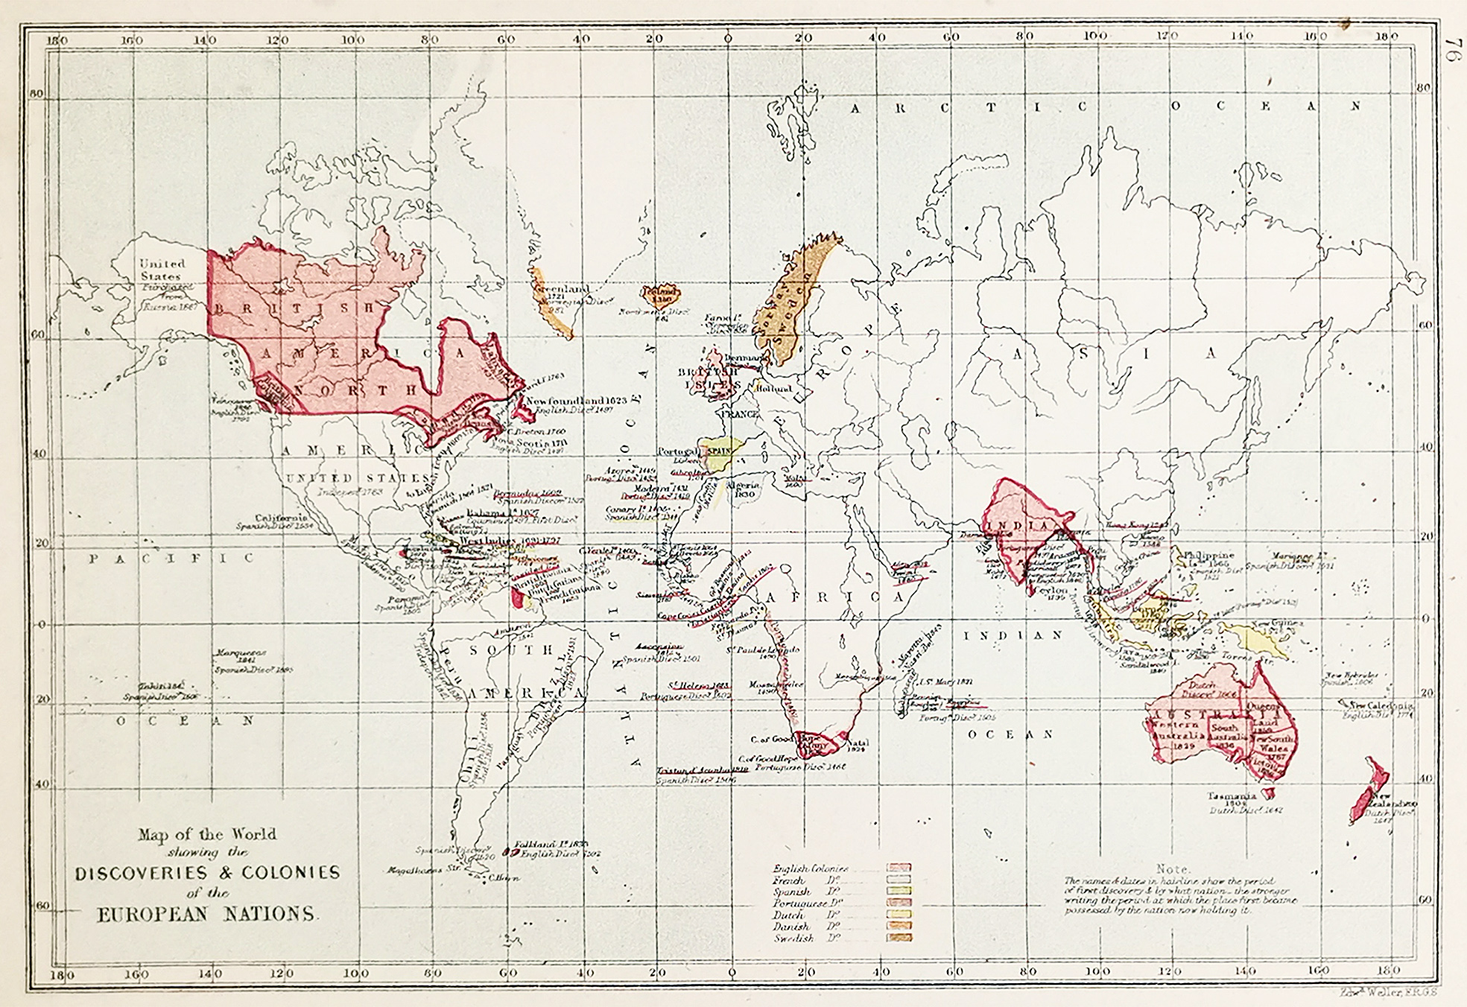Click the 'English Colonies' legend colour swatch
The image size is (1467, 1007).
899,868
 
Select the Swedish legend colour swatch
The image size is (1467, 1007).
899,938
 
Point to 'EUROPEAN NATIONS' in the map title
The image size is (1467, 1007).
206,914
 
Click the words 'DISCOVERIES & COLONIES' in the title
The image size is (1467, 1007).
207,872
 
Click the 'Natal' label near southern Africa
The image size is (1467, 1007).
858,743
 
